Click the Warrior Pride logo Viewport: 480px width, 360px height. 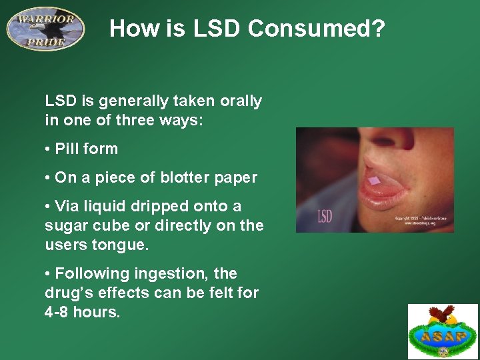coord(45,27)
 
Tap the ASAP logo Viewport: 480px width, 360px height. coord(443,331)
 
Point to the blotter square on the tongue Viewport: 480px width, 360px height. coord(375,181)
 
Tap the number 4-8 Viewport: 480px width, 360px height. coord(59,311)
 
